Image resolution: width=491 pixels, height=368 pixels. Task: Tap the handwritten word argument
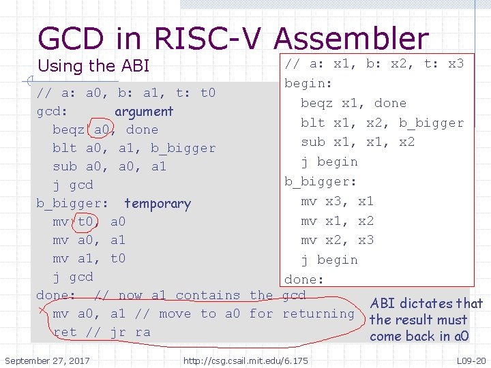click(x=144, y=111)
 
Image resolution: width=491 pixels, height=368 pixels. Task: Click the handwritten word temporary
click(x=158, y=203)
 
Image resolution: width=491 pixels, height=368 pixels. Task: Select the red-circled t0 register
click(x=86, y=221)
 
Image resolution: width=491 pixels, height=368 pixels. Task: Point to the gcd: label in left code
click(x=51, y=111)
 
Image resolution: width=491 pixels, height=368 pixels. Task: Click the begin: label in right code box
click(x=308, y=83)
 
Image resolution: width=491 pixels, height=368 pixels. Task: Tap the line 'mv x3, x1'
click(x=337, y=201)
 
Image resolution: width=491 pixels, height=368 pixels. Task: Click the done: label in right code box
click(x=304, y=279)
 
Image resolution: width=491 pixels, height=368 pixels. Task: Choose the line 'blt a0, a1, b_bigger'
click(x=134, y=148)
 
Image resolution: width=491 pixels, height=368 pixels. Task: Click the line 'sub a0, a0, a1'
click(x=109, y=166)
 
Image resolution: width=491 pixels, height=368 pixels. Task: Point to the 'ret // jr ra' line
click(x=102, y=332)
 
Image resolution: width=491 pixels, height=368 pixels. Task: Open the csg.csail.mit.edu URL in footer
click(x=245, y=359)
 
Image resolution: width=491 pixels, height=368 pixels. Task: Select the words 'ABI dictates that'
click(x=426, y=303)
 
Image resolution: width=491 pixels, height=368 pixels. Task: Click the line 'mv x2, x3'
click(x=337, y=240)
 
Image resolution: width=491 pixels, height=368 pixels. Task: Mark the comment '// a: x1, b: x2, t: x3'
click(x=374, y=63)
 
